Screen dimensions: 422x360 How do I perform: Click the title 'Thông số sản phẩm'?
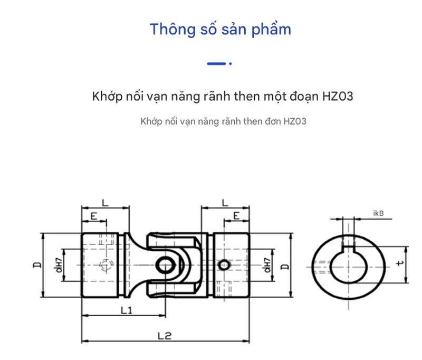(x=220, y=29)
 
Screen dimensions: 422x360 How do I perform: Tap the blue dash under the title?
(x=216, y=63)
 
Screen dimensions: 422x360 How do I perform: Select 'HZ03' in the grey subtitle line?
(x=294, y=121)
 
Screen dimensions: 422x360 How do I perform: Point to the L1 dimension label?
(x=126, y=310)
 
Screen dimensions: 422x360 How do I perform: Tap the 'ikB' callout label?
(x=378, y=214)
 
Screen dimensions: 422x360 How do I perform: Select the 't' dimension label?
(x=400, y=262)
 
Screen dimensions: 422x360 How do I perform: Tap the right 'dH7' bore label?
(x=268, y=262)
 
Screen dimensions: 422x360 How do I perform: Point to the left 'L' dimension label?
(x=104, y=202)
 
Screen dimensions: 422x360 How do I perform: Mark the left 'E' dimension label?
(x=93, y=216)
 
